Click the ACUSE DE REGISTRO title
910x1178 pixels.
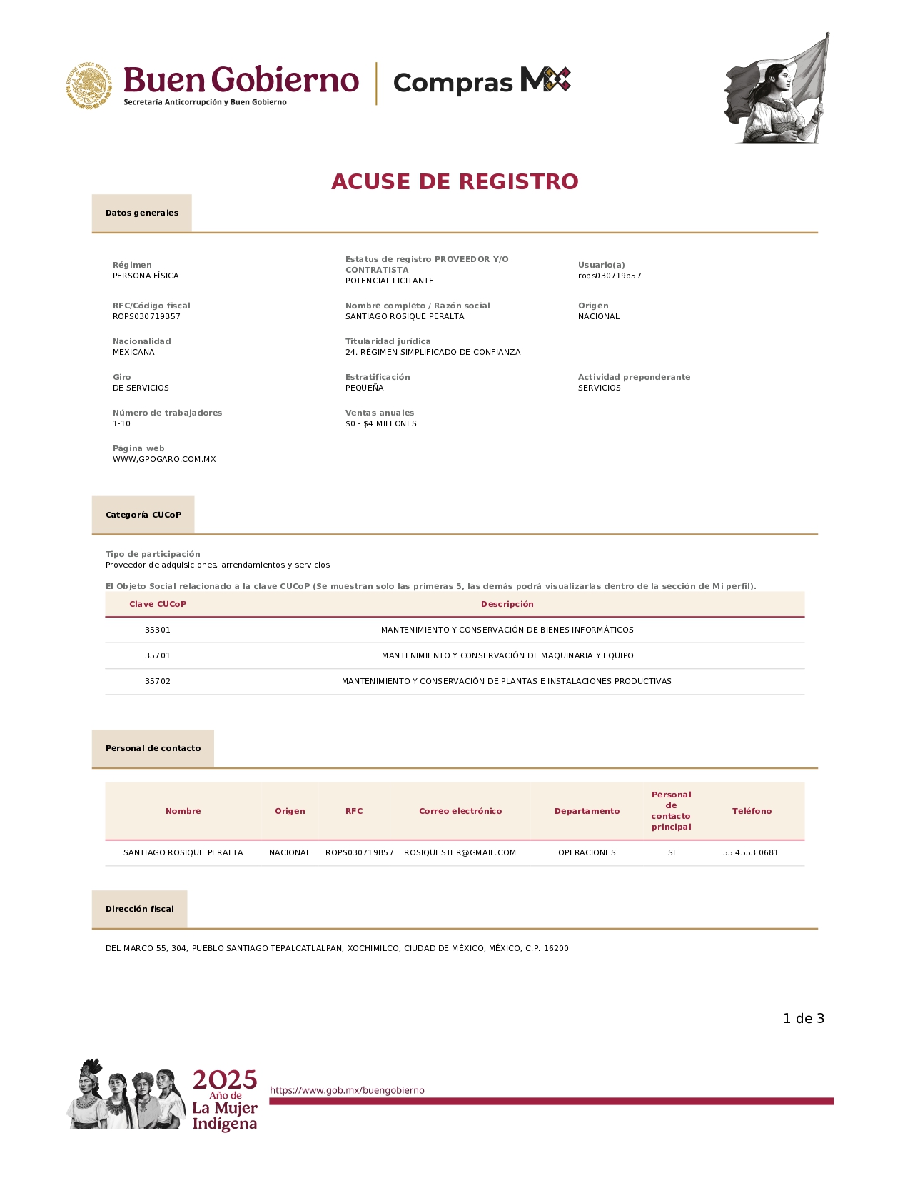pos(455,181)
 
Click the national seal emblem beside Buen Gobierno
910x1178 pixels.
pos(90,85)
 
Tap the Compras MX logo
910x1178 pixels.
pos(482,81)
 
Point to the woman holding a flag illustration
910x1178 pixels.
pos(778,89)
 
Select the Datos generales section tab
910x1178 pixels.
pos(142,213)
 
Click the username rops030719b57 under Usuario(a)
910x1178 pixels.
pos(610,276)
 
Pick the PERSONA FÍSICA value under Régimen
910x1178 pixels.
pos(146,276)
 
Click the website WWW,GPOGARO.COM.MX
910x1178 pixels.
pos(164,459)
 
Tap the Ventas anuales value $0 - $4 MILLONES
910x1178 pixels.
pos(381,423)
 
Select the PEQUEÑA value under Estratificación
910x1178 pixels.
pos(365,388)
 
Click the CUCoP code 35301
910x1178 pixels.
pos(158,630)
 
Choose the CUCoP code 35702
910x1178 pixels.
pos(158,681)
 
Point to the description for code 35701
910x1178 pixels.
pos(507,655)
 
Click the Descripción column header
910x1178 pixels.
pos(507,604)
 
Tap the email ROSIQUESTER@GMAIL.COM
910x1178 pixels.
pos(460,852)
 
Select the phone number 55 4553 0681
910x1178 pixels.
pos(751,852)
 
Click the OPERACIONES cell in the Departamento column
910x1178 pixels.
pos(587,852)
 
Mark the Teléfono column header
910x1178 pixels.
pos(752,811)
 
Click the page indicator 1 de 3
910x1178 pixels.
pos(804,1019)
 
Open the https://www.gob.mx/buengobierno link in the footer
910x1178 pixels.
pos(347,1090)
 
